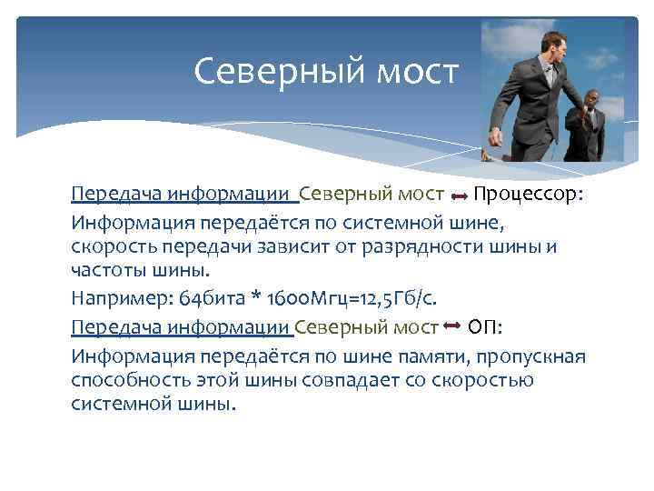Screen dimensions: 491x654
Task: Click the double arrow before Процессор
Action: [459, 195]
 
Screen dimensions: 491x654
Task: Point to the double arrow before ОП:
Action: [453, 326]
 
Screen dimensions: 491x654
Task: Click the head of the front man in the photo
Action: [550, 41]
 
